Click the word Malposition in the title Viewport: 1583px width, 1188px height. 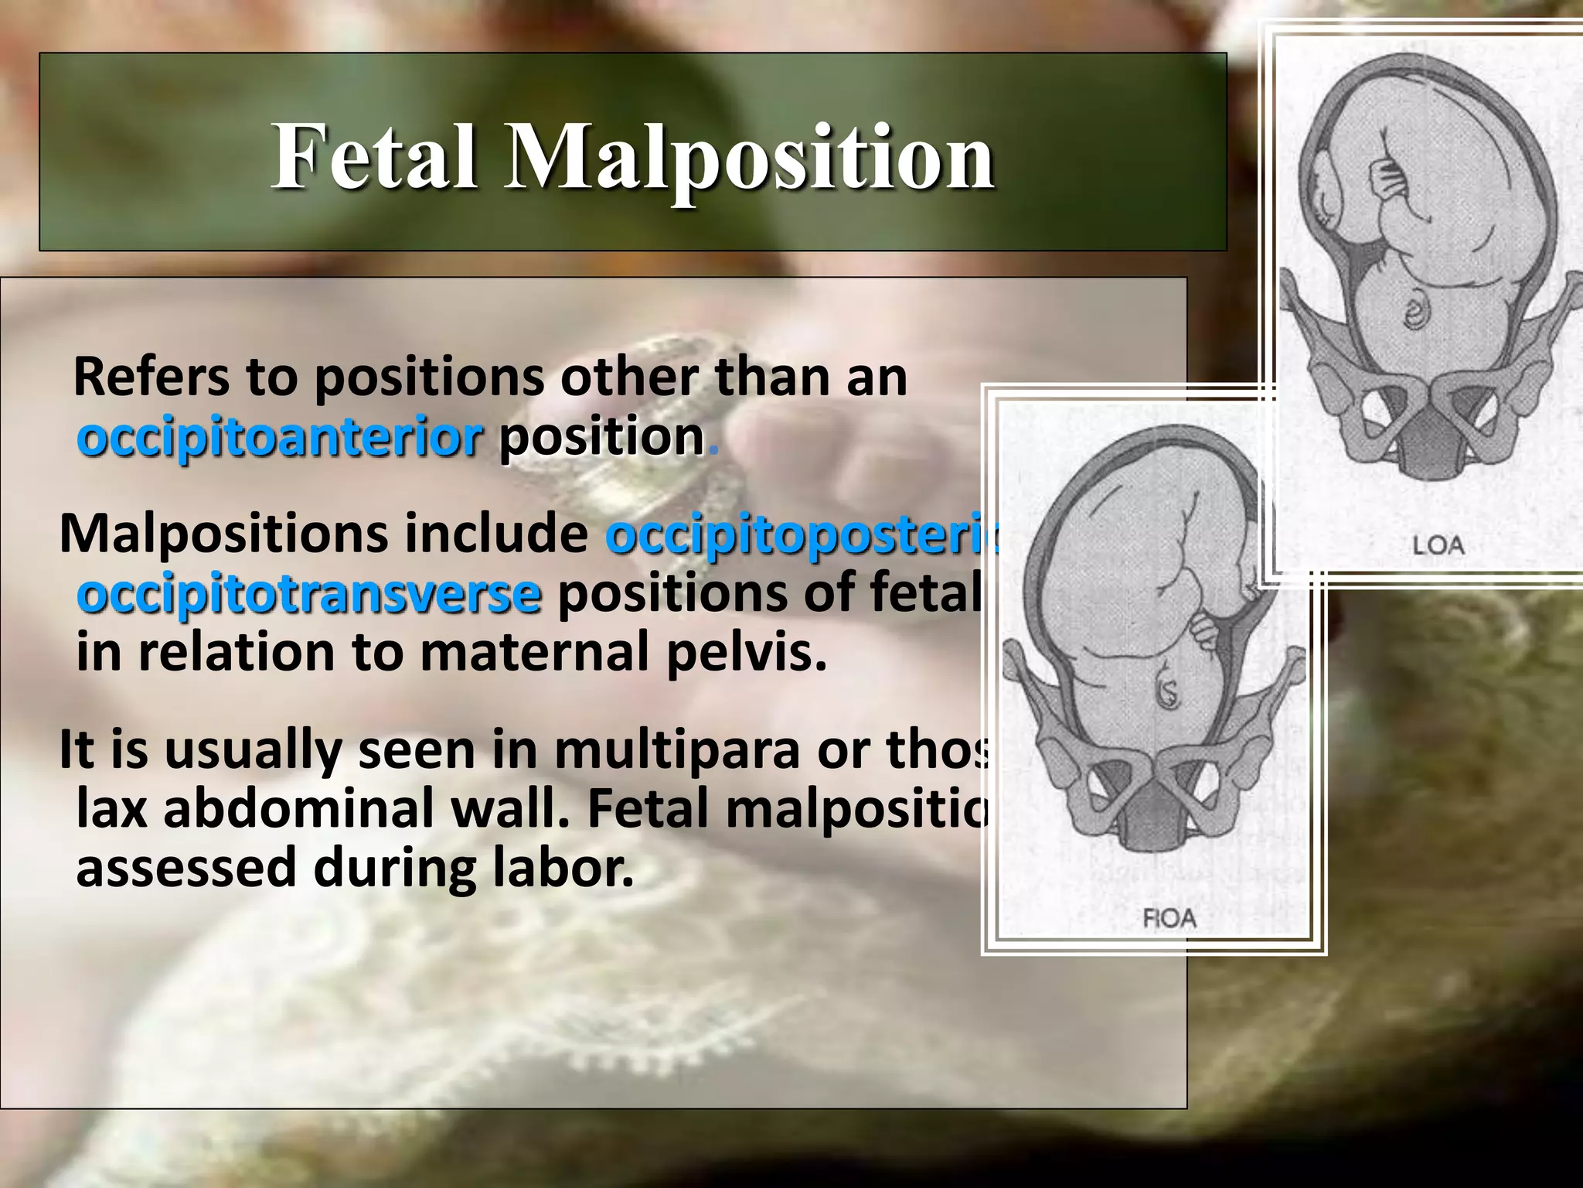pyautogui.click(x=748, y=159)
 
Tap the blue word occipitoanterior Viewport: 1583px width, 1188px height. pyautogui.click(x=280, y=439)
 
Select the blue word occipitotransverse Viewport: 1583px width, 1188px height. pyautogui.click(x=309, y=595)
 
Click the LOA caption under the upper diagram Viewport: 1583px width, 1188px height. pyautogui.click(x=1438, y=545)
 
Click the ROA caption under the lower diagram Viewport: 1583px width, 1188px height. pyautogui.click(x=1169, y=918)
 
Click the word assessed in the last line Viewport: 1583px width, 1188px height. pyautogui.click(x=186, y=868)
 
